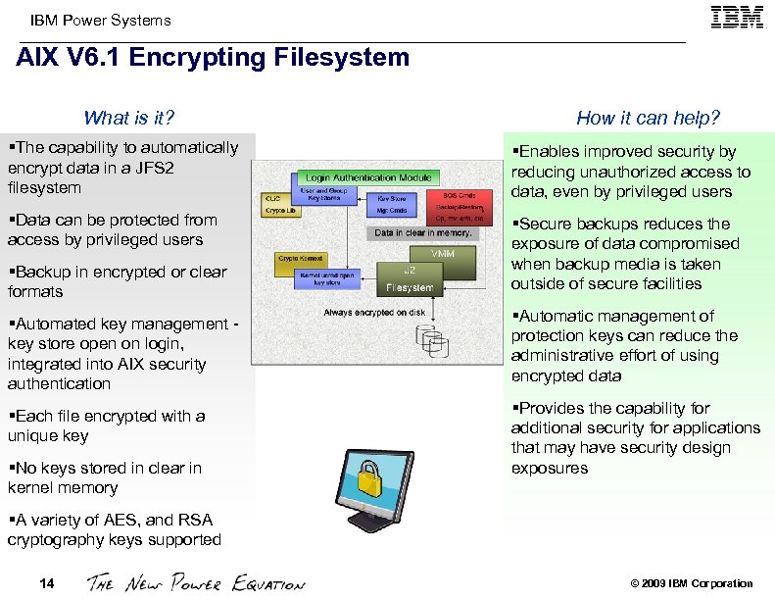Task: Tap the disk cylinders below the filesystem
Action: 432,337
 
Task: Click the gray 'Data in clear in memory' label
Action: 423,233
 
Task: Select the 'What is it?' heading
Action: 128,119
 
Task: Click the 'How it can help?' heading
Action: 648,119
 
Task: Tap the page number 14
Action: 46,584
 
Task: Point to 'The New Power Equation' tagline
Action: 196,584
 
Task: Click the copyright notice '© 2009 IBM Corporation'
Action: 692,584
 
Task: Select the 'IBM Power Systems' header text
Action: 100,21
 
